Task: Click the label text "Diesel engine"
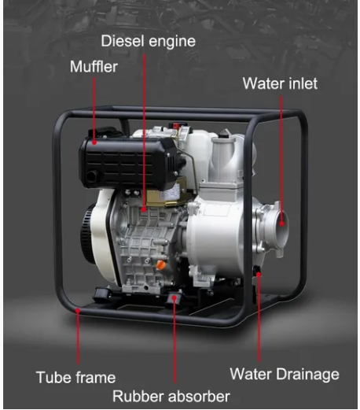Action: click(x=149, y=41)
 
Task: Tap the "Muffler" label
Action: click(x=94, y=67)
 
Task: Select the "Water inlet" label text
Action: click(x=280, y=83)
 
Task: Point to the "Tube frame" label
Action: click(x=75, y=378)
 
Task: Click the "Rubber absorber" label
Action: click(x=171, y=396)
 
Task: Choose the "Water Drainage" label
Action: click(x=285, y=374)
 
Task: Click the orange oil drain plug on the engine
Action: click(x=160, y=265)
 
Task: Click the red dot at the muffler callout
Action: click(x=94, y=142)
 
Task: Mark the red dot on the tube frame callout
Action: click(x=78, y=311)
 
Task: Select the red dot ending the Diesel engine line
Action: click(x=144, y=209)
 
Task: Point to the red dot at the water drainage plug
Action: click(x=259, y=275)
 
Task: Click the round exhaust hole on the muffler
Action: click(x=92, y=176)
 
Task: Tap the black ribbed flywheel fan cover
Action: click(x=88, y=234)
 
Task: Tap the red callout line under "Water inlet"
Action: click(x=281, y=159)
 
